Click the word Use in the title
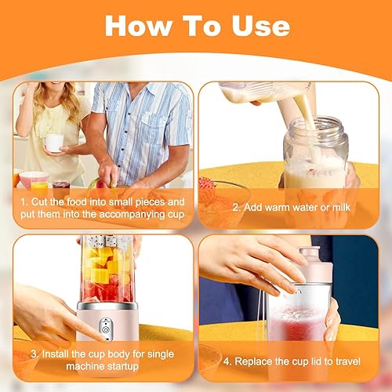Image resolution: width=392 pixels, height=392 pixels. (x=261, y=26)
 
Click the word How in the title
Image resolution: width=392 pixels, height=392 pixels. (x=139, y=26)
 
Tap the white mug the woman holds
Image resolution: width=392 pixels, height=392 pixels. (x=53, y=143)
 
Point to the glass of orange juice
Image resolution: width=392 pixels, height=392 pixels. (x=39, y=186)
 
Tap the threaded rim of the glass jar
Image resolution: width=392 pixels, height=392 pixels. (x=316, y=127)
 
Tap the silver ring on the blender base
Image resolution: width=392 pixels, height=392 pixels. (x=107, y=306)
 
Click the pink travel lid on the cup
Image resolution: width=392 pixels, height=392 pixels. (x=316, y=264)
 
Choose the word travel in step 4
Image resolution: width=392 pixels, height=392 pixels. (x=348, y=361)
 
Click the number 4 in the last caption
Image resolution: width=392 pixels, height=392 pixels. (x=227, y=362)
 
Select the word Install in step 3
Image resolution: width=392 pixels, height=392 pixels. (x=55, y=354)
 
